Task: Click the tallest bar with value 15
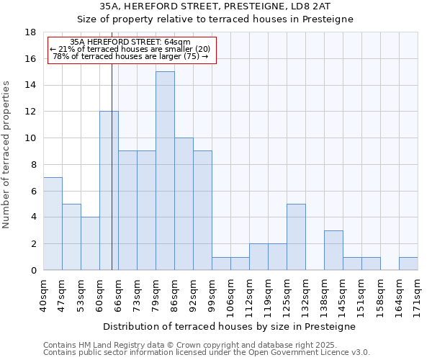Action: point(165,171)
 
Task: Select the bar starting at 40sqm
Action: point(53,223)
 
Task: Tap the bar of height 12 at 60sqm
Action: point(109,191)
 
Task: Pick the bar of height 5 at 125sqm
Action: point(296,237)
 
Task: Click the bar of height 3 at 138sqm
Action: point(333,250)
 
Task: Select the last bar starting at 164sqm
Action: point(408,264)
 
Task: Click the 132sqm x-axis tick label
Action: point(306,294)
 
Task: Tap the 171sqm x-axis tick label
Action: point(418,294)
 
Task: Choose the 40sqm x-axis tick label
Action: point(44,294)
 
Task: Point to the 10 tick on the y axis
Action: point(30,138)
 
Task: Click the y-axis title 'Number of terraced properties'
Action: point(7,155)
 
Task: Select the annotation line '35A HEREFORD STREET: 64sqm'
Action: point(130,42)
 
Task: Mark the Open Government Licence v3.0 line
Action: point(207,353)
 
